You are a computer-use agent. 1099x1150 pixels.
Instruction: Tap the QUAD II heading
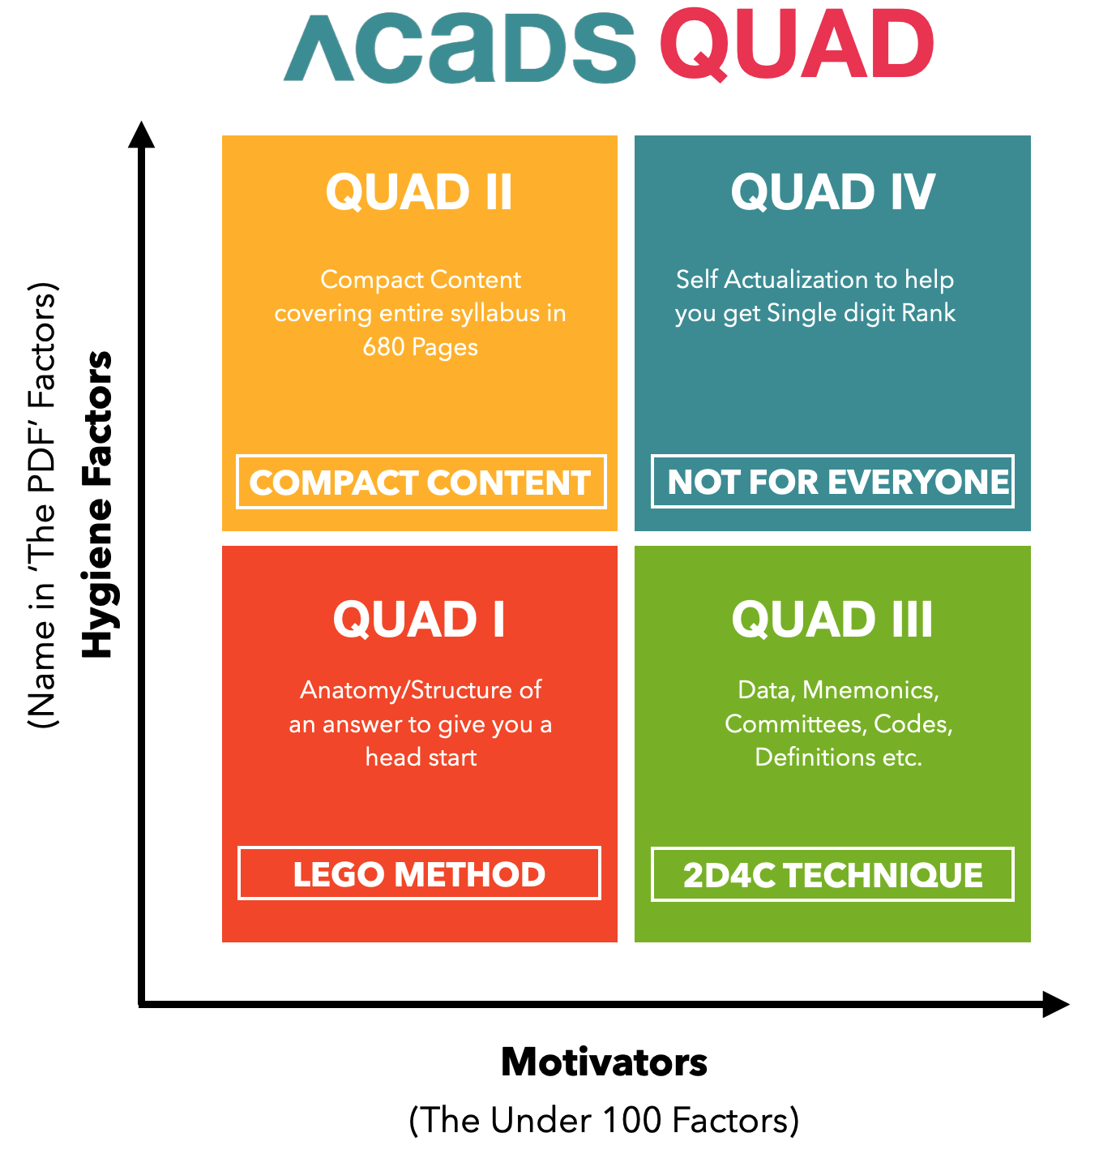[419, 192]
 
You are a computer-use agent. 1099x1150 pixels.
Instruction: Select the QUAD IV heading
[832, 192]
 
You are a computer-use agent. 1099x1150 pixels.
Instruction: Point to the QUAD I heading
[419, 620]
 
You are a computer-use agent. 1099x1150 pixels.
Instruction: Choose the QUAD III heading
[832, 620]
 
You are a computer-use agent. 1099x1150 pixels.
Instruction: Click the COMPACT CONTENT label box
[421, 483]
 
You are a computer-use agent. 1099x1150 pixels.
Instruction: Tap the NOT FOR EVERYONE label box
[832, 482]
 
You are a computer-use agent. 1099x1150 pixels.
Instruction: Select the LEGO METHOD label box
[419, 873]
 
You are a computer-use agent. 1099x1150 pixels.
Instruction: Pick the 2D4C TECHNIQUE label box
[832, 874]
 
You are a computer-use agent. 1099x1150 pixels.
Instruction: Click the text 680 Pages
[420, 347]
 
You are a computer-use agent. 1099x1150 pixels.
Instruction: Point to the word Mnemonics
[870, 690]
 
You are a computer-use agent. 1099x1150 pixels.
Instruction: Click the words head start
[421, 757]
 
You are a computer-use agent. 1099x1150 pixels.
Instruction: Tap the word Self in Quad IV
[696, 280]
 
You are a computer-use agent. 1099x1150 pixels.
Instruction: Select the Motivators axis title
[604, 1062]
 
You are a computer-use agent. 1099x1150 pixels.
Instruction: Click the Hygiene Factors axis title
[98, 504]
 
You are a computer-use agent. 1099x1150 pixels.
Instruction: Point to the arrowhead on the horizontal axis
[1055, 1005]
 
